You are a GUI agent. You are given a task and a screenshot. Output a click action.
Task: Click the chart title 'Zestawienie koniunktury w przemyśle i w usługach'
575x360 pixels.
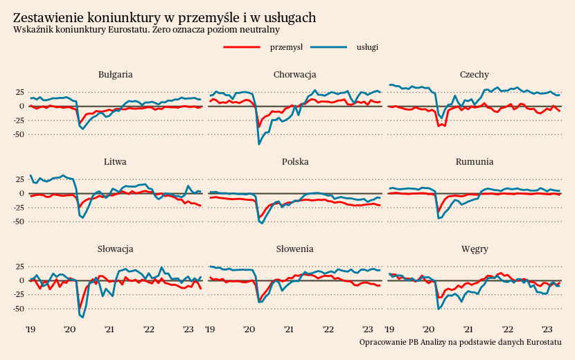(x=165, y=17)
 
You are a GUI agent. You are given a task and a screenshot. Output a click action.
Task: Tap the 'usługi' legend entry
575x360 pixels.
(x=367, y=46)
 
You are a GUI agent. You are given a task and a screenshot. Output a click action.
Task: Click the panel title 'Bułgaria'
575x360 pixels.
(x=116, y=74)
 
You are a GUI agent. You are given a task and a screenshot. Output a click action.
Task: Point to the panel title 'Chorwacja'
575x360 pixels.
(x=295, y=74)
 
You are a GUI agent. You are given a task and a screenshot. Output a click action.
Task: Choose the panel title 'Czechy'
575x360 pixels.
(x=475, y=74)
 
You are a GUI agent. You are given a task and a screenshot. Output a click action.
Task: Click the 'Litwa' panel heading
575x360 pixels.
(x=116, y=161)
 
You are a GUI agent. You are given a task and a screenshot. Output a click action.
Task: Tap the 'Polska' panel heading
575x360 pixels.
(x=295, y=161)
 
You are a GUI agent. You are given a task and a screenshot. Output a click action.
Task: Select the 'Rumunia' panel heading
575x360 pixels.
(x=475, y=161)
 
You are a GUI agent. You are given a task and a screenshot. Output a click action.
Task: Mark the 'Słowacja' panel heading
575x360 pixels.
(x=116, y=249)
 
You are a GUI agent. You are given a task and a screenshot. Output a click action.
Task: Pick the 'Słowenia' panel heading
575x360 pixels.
(x=295, y=249)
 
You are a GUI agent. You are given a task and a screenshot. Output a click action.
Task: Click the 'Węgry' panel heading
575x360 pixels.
(x=475, y=249)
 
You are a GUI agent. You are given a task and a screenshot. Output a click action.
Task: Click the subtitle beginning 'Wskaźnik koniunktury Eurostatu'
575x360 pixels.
(x=146, y=30)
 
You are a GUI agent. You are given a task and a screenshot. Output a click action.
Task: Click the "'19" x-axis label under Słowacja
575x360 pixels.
(x=30, y=330)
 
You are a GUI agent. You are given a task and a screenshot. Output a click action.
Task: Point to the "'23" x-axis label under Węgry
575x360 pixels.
(x=547, y=330)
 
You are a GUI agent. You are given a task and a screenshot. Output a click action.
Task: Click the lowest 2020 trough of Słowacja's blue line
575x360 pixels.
(x=82, y=317)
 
